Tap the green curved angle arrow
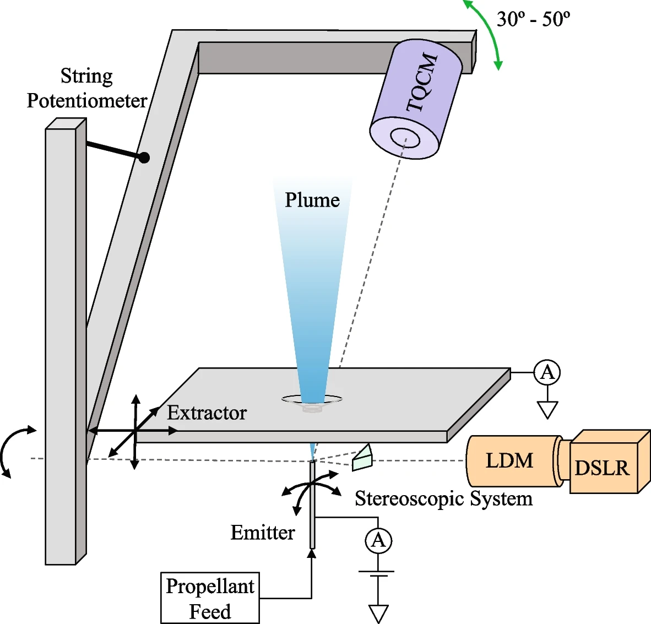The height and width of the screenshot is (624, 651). pos(487,33)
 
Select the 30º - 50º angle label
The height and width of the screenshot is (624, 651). pos(533,19)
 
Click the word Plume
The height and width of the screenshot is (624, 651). pos(312,200)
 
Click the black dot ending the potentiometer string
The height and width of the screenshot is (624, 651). pos(144,158)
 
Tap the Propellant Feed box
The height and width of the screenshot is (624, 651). pos(210,598)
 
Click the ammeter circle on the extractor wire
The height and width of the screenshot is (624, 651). pos(547,373)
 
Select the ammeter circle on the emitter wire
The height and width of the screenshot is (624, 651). pos(378,540)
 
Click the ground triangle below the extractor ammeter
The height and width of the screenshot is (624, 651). pos(547,410)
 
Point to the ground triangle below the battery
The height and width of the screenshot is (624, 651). pos(378,614)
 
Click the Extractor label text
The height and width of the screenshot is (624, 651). pos(207,413)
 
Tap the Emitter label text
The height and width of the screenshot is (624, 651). pos(262,533)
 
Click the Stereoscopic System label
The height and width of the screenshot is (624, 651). pos(443,498)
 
